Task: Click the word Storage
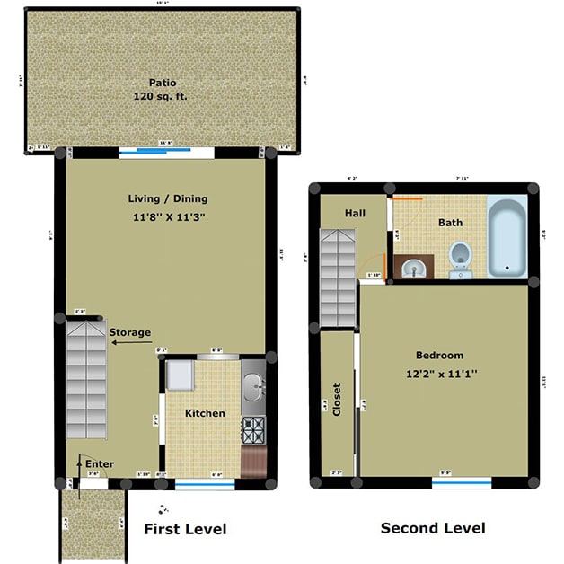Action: (x=129, y=332)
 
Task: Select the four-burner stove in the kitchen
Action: (x=254, y=428)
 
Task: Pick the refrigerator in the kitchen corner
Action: (x=180, y=376)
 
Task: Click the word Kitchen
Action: (x=205, y=413)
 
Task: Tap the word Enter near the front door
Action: (x=99, y=463)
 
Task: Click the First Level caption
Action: (x=185, y=529)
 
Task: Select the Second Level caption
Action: (x=433, y=527)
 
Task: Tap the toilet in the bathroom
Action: (x=461, y=255)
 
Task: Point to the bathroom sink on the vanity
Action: (x=414, y=267)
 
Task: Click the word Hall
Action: (x=354, y=213)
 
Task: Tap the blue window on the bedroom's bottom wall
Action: (x=461, y=482)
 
